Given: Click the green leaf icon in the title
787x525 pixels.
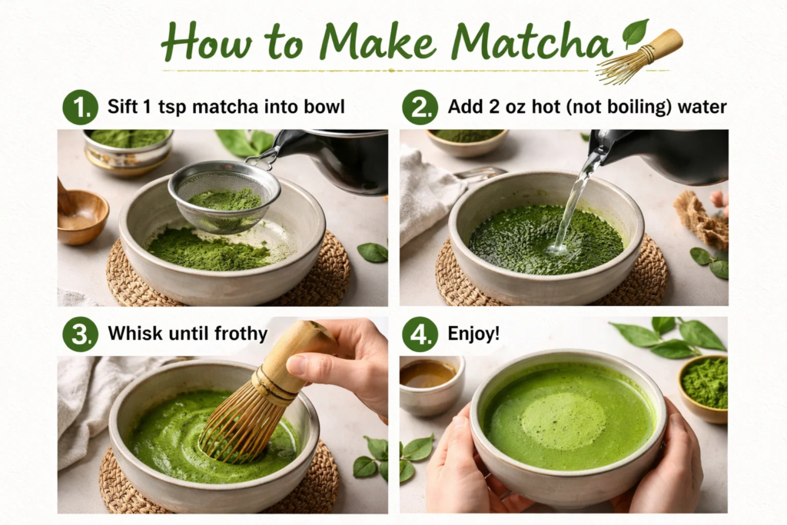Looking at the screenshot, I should [x=635, y=32].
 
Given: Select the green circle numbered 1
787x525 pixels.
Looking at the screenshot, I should [x=80, y=107].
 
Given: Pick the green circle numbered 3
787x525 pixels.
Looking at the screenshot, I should [x=80, y=334].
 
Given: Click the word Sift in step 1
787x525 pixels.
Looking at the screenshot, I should [x=125, y=107].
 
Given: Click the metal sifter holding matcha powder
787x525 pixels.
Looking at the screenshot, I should [x=224, y=196].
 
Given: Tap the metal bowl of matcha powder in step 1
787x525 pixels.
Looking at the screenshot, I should [x=128, y=146].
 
